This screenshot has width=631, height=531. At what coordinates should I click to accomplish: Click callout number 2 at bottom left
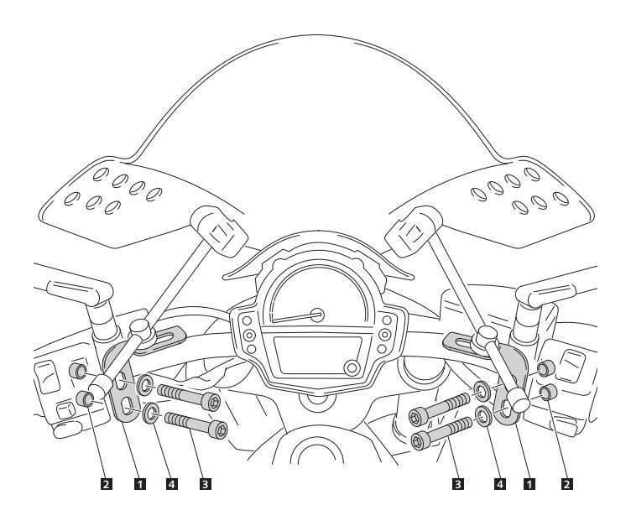106,484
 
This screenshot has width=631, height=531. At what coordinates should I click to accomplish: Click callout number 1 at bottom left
139,484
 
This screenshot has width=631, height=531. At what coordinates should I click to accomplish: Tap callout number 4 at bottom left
171,484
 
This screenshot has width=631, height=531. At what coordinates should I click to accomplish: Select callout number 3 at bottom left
206,484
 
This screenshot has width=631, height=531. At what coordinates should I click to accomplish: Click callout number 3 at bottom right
457,484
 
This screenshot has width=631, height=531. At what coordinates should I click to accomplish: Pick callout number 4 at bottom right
500,484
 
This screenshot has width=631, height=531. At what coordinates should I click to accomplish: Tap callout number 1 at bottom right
529,484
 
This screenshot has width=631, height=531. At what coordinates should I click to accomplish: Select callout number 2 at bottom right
566,484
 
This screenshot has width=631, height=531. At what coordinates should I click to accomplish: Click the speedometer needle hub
317,315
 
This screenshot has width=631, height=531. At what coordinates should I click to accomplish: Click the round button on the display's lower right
352,367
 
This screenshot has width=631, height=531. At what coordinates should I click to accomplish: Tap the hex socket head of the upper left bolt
211,402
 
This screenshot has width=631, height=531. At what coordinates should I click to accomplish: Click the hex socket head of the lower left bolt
218,429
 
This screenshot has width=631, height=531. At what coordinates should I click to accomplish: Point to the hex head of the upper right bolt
418,417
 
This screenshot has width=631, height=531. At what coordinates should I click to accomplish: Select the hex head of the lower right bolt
420,440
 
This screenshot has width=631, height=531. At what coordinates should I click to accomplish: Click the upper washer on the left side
144,385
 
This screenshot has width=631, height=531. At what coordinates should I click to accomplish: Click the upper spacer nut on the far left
77,371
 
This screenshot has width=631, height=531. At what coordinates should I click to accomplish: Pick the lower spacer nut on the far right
549,393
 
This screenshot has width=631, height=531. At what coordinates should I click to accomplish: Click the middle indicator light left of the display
249,335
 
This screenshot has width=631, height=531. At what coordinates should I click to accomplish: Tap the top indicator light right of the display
387,320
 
